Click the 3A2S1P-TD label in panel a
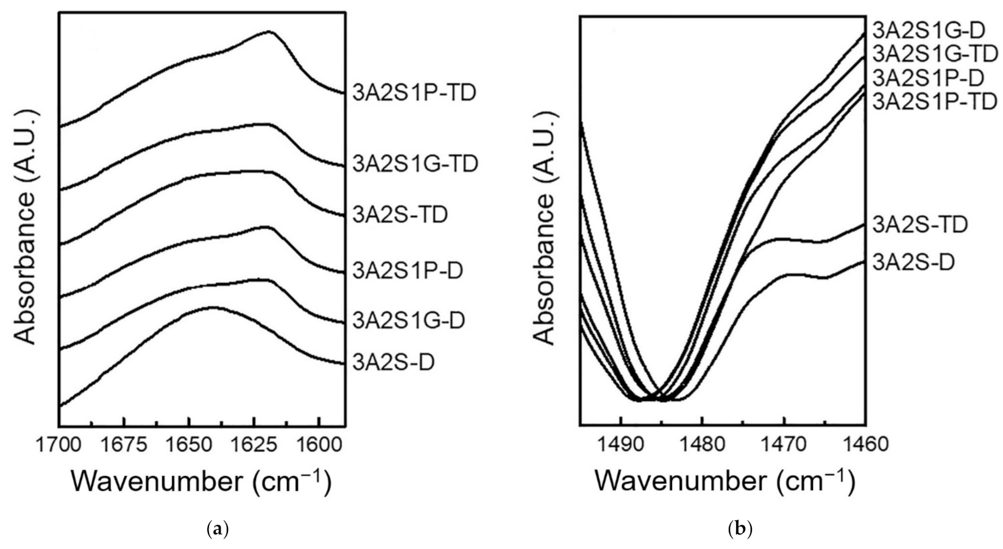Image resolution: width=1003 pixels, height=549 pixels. tap(414, 93)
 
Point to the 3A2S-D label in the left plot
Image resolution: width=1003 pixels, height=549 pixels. tap(394, 363)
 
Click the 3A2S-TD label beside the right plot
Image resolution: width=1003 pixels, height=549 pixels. tap(920, 224)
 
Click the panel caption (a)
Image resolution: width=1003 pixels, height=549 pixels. tap(218, 528)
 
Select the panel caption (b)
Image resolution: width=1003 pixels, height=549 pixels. tap(740, 528)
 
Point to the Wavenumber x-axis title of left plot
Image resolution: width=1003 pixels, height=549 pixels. tap(201, 481)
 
